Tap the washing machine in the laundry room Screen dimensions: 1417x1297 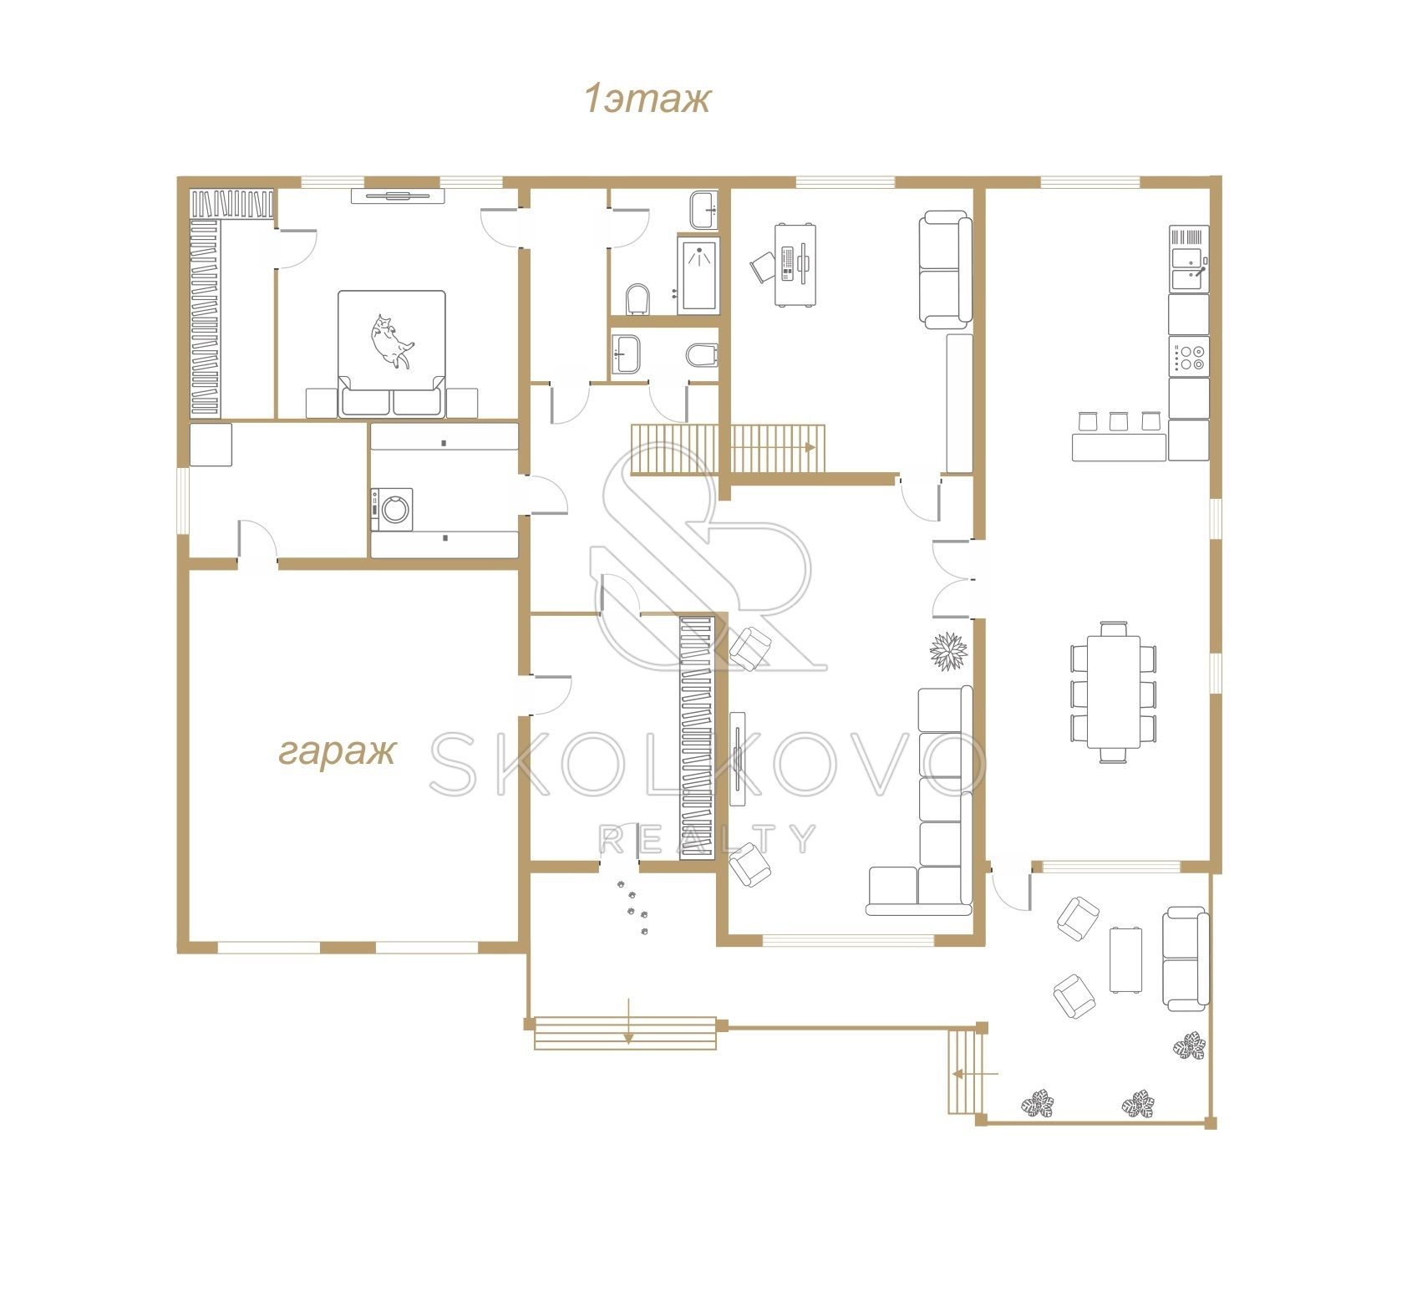tap(392, 509)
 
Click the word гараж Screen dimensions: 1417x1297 tap(336, 753)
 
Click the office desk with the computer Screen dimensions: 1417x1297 tap(795, 264)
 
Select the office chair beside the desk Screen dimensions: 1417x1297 tap(764, 268)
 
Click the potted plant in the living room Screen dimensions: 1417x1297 tap(949, 651)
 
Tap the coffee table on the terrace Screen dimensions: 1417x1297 tap(1125, 959)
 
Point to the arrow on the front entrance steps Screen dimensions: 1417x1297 tap(628, 1020)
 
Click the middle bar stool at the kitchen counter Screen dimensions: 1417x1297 tap(1118, 420)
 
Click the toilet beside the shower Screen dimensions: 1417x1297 tap(637, 299)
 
